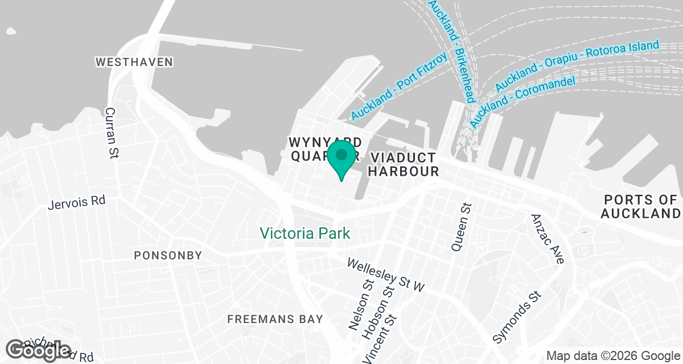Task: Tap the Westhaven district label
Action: click(x=134, y=61)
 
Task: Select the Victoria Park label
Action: click(x=305, y=233)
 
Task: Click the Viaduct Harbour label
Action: click(x=404, y=164)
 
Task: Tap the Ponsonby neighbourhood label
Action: click(x=168, y=255)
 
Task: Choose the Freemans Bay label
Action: click(x=275, y=319)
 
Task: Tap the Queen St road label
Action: click(x=462, y=227)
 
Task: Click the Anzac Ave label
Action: click(x=547, y=239)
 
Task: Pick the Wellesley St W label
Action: click(x=386, y=275)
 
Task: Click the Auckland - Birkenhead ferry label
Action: click(x=451, y=51)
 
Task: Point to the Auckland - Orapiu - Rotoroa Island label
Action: click(x=577, y=65)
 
